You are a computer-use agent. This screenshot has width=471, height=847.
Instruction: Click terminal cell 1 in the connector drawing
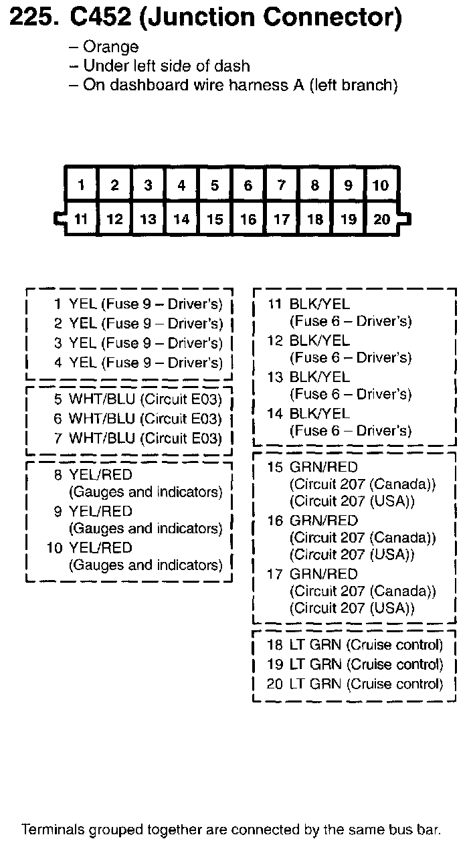tap(82, 185)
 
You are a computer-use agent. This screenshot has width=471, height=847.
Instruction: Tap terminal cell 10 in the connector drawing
tap(381, 185)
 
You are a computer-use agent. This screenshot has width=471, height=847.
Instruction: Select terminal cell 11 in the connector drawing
tap(82, 219)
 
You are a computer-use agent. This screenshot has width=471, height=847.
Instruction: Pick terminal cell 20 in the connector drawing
tap(381, 219)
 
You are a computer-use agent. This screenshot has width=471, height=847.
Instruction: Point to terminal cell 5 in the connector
tap(215, 185)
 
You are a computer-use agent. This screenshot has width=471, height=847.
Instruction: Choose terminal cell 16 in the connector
tap(248, 219)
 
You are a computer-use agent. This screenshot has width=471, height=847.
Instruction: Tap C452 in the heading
tap(102, 18)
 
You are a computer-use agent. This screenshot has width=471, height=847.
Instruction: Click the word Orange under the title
tap(111, 47)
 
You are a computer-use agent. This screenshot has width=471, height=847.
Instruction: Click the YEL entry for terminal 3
tap(83, 343)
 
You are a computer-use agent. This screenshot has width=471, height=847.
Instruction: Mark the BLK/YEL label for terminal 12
tap(319, 341)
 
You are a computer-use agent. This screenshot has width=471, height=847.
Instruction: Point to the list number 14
tap(275, 413)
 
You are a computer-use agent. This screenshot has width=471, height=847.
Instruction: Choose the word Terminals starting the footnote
tap(54, 830)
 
